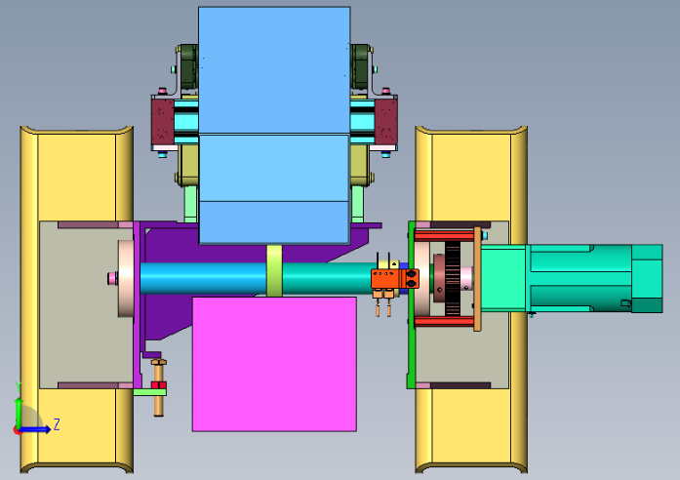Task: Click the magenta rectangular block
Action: point(274,364)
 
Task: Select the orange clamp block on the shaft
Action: point(395,278)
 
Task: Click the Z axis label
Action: point(57,424)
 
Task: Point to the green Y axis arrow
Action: point(19,411)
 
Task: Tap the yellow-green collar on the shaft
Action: point(274,271)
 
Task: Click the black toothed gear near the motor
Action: point(453,278)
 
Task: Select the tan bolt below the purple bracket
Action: point(159,387)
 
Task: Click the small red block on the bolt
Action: point(159,385)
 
